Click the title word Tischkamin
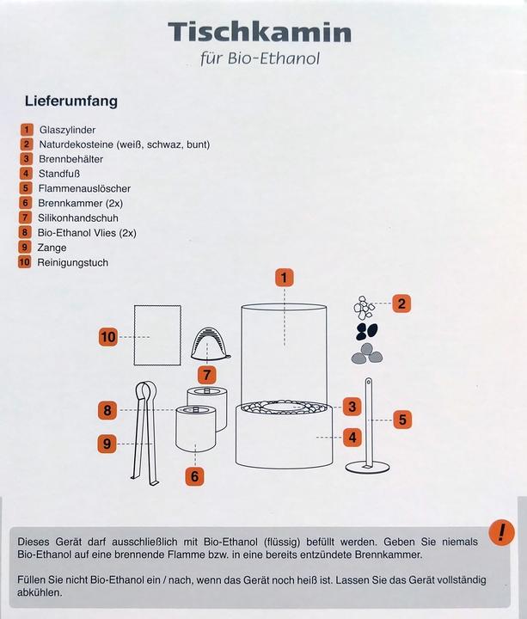click(x=260, y=32)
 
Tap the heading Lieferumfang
click(x=71, y=101)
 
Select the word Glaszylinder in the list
click(x=67, y=130)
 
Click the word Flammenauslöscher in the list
click(x=84, y=188)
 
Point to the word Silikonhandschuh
click(x=77, y=218)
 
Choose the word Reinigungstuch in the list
click(x=72, y=262)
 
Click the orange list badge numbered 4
click(x=26, y=174)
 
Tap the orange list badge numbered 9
click(x=24, y=247)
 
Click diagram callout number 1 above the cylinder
click(x=285, y=277)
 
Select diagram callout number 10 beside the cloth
click(x=108, y=337)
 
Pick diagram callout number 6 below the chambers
click(x=194, y=476)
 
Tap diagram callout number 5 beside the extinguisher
click(x=402, y=420)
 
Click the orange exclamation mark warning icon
click(x=501, y=533)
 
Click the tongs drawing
click(x=146, y=433)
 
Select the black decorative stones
click(x=367, y=331)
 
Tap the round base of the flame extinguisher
click(x=367, y=467)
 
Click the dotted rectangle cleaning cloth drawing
click(x=157, y=335)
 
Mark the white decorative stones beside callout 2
click(x=364, y=307)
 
